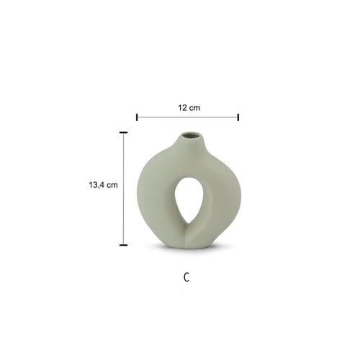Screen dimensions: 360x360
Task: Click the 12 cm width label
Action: point(189,108)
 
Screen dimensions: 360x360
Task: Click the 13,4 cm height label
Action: point(103,185)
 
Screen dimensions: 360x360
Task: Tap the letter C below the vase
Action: point(186,277)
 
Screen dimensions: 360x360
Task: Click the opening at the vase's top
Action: point(191,135)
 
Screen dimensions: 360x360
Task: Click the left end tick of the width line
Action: point(137,117)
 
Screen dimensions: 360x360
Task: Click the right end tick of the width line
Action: point(238,117)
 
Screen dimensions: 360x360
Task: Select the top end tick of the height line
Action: point(123,132)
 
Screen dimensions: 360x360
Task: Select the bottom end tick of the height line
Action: point(123,245)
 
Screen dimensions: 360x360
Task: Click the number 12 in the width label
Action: point(182,108)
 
